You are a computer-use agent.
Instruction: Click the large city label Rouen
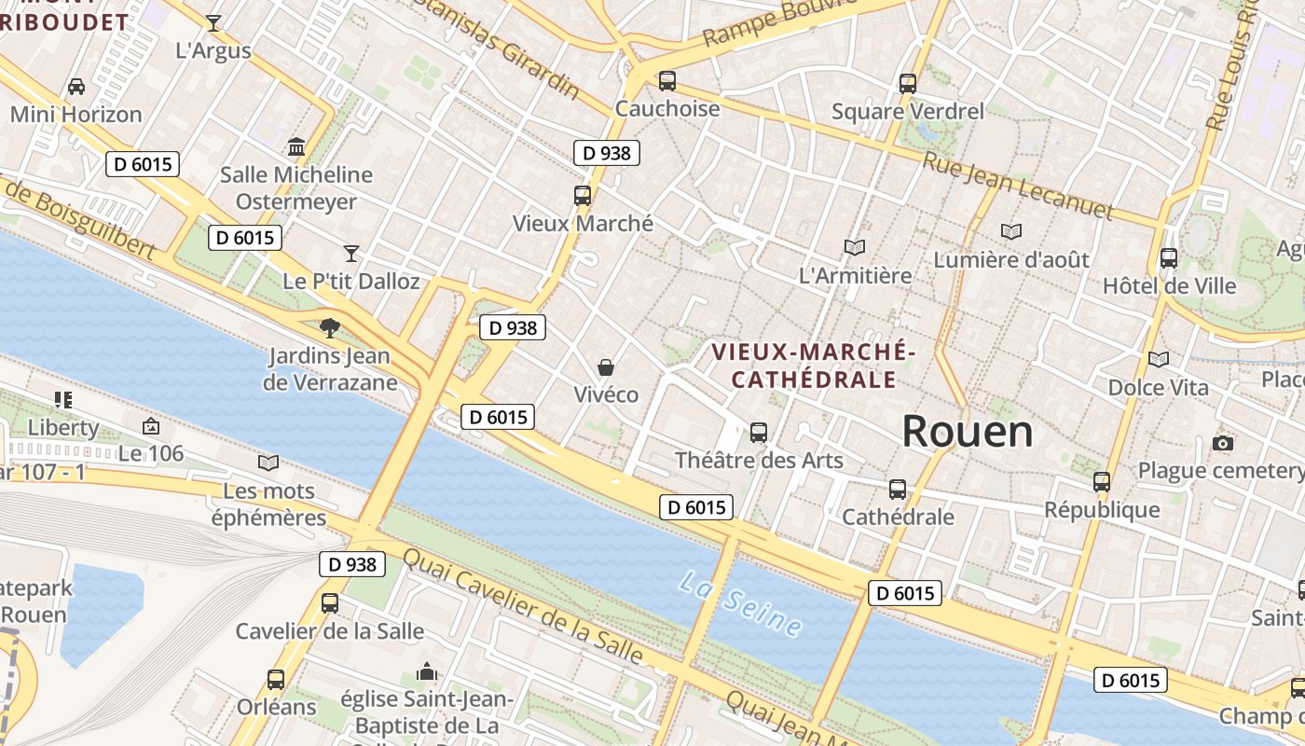tap(968, 432)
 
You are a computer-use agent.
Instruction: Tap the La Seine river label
tap(741, 603)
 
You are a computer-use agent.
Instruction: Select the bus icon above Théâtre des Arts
tap(759, 432)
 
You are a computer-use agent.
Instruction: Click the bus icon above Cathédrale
tap(898, 489)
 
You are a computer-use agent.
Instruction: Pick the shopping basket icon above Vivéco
tap(606, 367)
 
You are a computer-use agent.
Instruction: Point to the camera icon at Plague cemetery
tap(1223, 443)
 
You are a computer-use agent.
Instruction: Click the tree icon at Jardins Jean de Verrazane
tap(329, 327)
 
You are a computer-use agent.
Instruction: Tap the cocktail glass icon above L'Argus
tap(213, 23)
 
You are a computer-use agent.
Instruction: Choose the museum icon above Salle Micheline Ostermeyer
tap(296, 147)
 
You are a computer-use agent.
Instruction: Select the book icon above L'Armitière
tap(855, 247)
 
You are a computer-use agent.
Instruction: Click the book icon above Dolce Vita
tap(1159, 359)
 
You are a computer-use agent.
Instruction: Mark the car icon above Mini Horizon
tap(76, 87)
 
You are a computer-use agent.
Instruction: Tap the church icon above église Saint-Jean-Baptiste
tap(427, 671)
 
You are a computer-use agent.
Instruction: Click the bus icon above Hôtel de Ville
tap(1169, 258)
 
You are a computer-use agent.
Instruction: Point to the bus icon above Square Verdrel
tap(908, 84)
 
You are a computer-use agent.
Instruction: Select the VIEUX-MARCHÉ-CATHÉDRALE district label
tap(813, 366)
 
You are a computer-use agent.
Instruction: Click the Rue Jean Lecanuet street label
tap(1018, 186)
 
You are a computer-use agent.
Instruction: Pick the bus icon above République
tap(1102, 482)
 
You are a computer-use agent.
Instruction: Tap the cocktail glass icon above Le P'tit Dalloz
tap(351, 253)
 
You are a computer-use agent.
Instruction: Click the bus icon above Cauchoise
tap(666, 81)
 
